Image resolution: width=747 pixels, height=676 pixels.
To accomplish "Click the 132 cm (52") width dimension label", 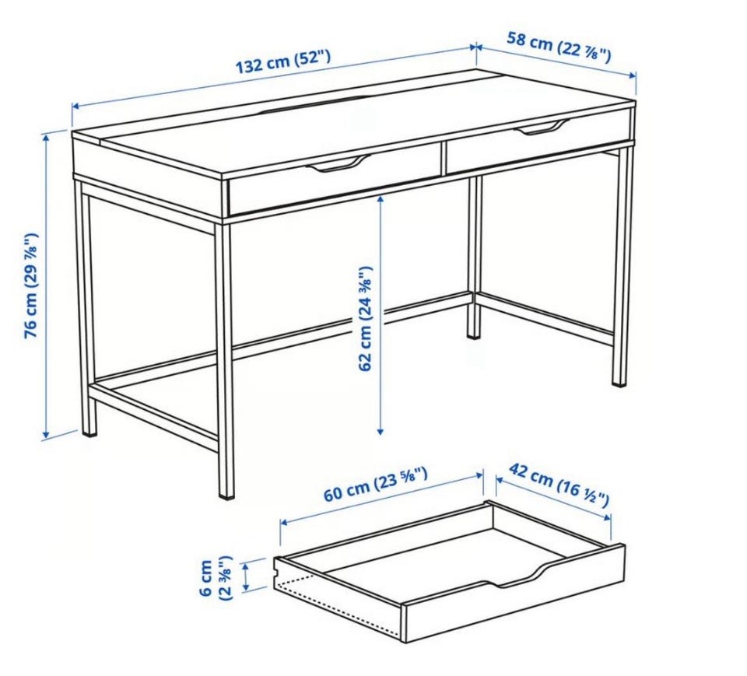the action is [283, 61].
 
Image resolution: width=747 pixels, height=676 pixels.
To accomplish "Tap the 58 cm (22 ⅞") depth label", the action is [559, 47].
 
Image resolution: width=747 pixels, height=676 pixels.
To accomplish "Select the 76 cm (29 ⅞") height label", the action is [31, 285].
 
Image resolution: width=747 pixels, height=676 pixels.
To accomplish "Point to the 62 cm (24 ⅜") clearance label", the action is [366, 318].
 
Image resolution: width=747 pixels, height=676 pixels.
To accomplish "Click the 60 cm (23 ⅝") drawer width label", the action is [375, 485].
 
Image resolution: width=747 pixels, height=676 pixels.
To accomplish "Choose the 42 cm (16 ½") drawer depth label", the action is [559, 485].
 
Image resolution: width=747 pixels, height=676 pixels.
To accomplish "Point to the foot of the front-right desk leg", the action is [619, 382].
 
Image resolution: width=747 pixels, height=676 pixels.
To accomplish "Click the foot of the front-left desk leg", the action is [226, 493].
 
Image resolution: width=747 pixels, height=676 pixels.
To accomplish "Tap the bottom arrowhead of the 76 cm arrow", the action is [46, 434].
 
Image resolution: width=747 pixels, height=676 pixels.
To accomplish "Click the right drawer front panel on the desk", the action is [538, 142].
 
